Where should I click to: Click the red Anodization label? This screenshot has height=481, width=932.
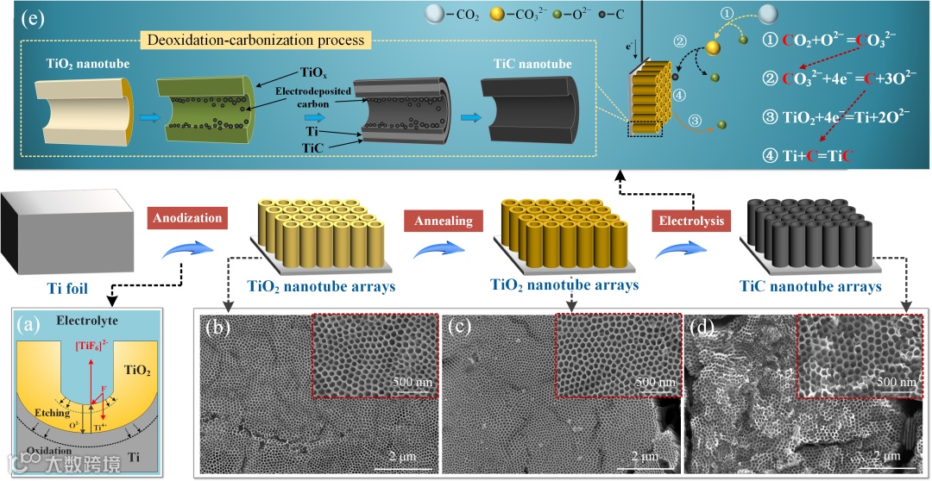187,218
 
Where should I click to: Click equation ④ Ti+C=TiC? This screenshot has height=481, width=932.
806,157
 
